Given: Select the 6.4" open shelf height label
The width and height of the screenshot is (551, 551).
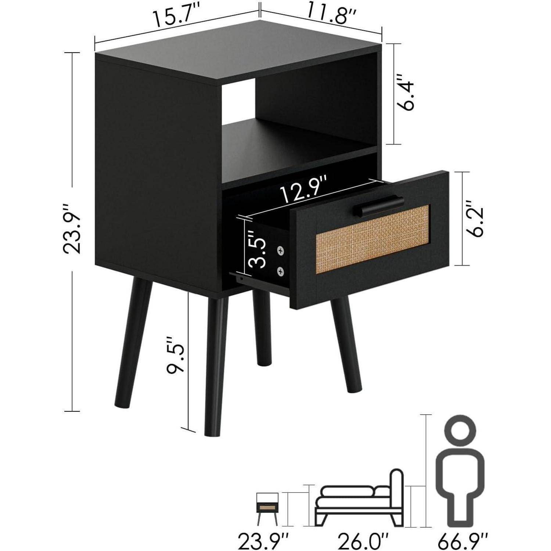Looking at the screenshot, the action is [x=406, y=93].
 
